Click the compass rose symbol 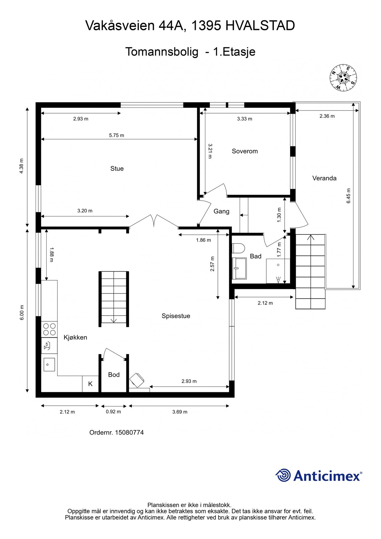[343, 78]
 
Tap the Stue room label [117, 169]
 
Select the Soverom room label [245, 151]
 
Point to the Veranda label [324, 178]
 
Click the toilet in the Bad [239, 248]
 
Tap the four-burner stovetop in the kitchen [49, 329]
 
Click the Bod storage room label [114, 375]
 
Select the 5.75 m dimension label [116, 135]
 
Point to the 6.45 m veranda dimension [348, 196]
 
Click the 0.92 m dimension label [113, 412]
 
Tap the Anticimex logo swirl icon [283, 475]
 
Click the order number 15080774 [129, 432]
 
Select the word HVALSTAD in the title [260, 26]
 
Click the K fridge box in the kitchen [90, 384]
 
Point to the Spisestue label [176, 316]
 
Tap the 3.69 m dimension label [180, 412]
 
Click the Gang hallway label [221, 211]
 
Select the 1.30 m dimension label [279, 215]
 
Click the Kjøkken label [75, 337]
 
